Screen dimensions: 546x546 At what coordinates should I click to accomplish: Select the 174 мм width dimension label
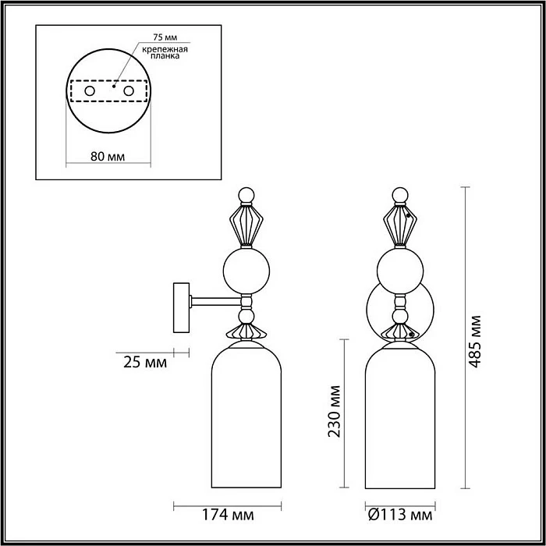[229, 516]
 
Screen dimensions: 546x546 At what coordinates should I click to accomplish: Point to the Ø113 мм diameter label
[399, 516]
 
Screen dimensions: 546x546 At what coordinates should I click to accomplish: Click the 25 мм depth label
[144, 362]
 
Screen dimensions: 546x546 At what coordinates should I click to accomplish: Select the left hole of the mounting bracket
[90, 92]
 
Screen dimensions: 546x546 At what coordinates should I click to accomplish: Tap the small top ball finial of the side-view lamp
[246, 194]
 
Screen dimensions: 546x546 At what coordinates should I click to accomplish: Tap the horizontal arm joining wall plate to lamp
[214, 300]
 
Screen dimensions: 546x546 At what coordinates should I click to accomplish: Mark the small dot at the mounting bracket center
[114, 87]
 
